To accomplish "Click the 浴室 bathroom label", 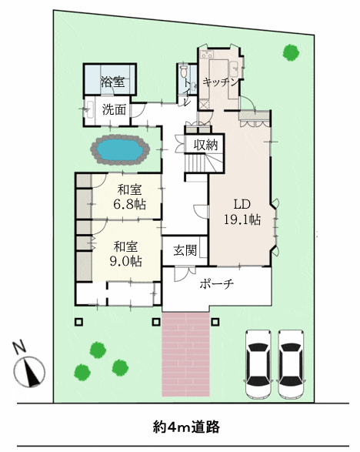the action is point(112,82).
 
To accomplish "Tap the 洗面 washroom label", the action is point(115,109).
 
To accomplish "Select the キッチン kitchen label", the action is point(221,82).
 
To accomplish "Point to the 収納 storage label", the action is point(205,145).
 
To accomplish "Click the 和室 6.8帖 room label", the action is point(129,197).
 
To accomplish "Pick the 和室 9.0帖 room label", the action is point(126,254).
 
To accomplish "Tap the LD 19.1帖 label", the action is point(242,213).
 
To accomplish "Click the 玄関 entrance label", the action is point(185,250).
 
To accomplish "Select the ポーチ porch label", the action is point(217,284).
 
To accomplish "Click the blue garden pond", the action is point(120,150).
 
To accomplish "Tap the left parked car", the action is point(258,364).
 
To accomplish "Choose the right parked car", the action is point(292,364).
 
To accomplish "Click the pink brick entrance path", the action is point(185,354).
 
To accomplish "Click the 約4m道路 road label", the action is point(186,427).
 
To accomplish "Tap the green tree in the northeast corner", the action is point(291,53).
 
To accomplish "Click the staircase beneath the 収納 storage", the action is point(204,162).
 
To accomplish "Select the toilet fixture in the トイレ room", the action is point(183,71).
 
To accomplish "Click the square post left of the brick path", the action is point(156,322).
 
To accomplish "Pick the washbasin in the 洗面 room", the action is point(88,109).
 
